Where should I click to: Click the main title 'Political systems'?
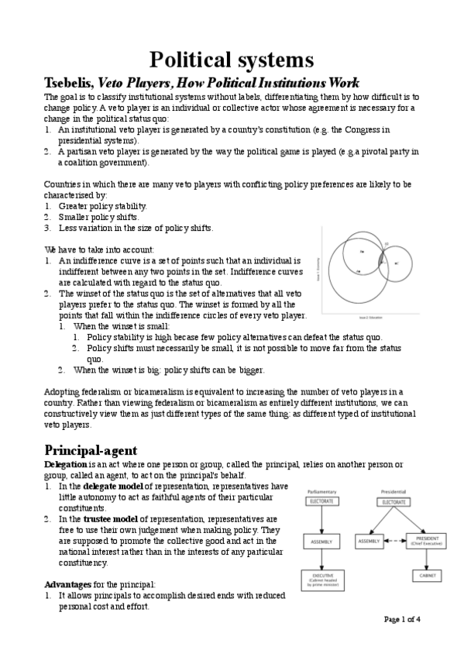pos(232,60)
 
